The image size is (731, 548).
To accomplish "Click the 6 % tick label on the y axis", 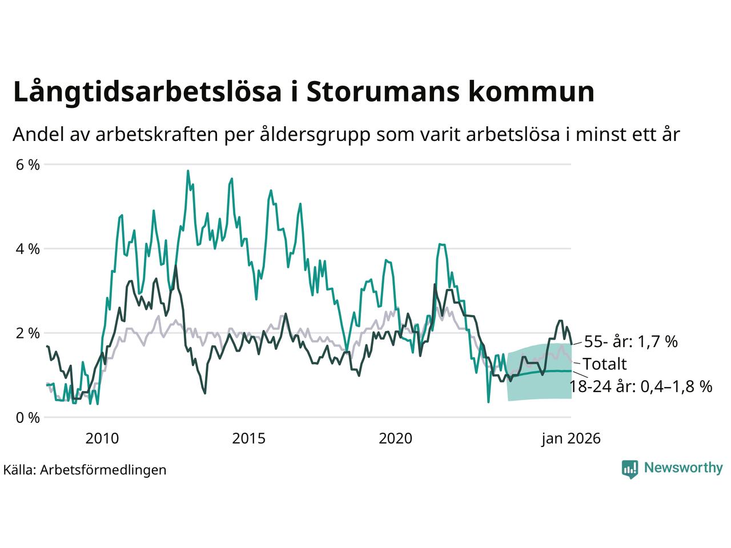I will pyautogui.click(x=27, y=165).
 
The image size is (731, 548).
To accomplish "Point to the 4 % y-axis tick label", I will pyautogui.click(x=27, y=249).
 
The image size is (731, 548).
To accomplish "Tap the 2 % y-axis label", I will pyautogui.click(x=27, y=333).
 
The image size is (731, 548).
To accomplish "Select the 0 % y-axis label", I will pyautogui.click(x=27, y=417).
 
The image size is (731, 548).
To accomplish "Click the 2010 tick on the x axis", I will pyautogui.click(x=102, y=438).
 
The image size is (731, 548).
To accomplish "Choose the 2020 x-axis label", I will pyautogui.click(x=396, y=438).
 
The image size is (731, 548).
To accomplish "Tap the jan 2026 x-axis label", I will pyautogui.click(x=571, y=438).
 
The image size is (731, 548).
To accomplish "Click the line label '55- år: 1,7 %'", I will pyautogui.click(x=630, y=342).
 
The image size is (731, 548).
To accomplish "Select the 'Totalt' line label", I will pyautogui.click(x=604, y=364).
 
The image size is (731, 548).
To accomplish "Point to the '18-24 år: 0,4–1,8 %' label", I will pyautogui.click(x=641, y=387).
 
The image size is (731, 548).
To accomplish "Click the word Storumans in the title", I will pyautogui.click(x=382, y=92).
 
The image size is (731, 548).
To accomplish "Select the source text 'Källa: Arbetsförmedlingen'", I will pyautogui.click(x=85, y=470).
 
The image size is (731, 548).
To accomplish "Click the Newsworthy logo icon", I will pyautogui.click(x=629, y=469).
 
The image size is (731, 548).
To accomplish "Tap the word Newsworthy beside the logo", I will pyautogui.click(x=683, y=468).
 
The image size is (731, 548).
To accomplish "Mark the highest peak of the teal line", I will pyautogui.click(x=188, y=171).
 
